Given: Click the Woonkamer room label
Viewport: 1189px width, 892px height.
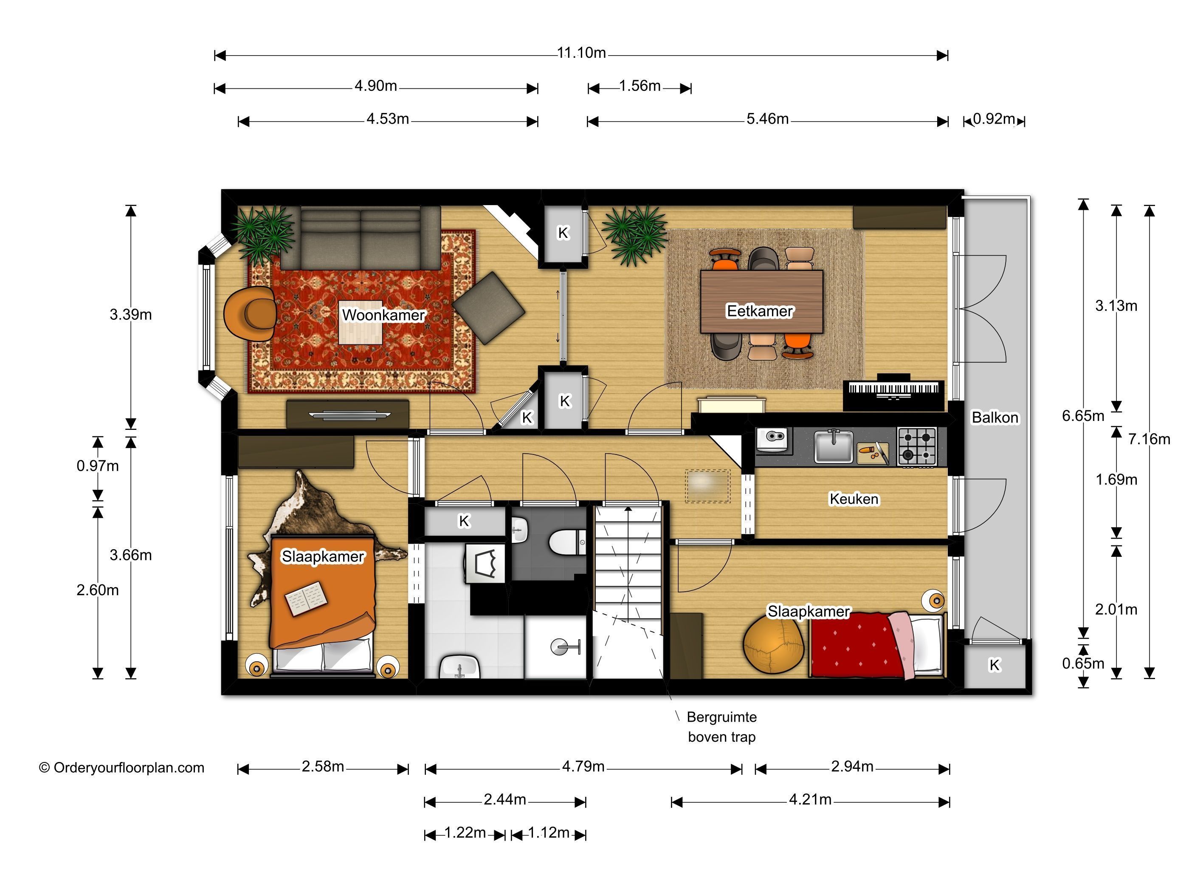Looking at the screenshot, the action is coord(383,315).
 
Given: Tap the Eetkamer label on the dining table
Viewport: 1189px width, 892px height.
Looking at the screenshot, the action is coord(760,311).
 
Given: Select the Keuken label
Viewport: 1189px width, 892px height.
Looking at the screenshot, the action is coord(854,499).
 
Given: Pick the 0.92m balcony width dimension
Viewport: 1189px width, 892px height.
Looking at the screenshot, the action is coord(994,119).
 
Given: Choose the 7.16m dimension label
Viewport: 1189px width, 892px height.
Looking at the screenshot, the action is coord(1149,439).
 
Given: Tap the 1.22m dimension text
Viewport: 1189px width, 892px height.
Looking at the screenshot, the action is coord(465,833).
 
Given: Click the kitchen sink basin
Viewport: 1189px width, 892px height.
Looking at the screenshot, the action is coord(833,447).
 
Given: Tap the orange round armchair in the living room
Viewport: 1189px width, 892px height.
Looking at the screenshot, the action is coord(251,313).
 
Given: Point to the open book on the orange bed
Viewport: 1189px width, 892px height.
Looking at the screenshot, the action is coord(305,598).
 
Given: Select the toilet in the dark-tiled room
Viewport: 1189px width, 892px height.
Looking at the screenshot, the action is coord(568,542).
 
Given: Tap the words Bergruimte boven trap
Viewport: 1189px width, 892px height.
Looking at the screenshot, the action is coord(721,727).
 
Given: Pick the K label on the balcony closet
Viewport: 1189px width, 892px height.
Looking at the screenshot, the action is coord(995,665).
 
